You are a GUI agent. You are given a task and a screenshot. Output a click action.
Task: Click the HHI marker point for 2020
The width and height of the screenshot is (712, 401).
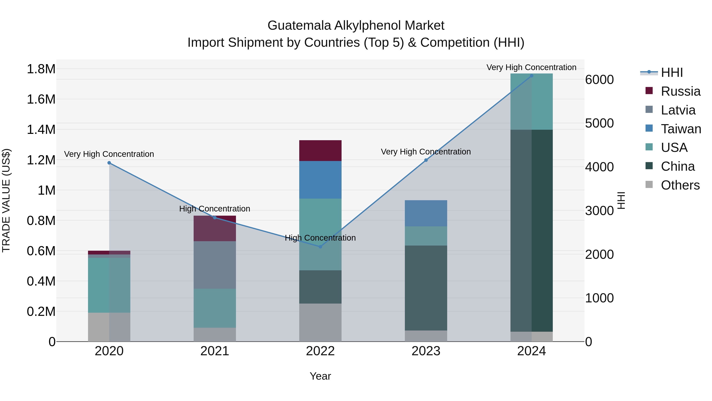[109, 163]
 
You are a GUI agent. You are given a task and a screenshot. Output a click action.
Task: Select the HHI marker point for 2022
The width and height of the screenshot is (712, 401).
[320, 247]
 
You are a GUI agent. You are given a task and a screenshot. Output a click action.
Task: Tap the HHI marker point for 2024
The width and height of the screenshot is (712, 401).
[531, 76]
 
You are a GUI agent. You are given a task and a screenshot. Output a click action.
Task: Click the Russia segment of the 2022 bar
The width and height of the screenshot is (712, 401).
[320, 150]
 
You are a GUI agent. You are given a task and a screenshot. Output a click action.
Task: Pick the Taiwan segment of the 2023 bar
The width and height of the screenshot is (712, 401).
[426, 213]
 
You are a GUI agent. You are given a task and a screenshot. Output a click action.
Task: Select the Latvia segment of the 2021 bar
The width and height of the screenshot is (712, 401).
[215, 265]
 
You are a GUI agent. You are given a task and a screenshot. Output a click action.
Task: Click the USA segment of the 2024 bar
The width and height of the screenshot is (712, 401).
[531, 102]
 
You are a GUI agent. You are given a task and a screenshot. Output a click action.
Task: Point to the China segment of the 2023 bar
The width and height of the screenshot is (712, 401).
[426, 288]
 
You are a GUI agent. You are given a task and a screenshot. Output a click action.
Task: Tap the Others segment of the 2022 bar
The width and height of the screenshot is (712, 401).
[320, 322]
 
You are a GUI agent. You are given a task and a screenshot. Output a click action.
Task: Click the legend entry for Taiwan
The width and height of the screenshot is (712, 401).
[681, 129]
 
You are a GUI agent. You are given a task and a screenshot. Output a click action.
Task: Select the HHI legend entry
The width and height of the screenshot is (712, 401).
[672, 72]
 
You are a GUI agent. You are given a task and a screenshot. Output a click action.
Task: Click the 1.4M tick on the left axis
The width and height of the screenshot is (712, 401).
[41, 130]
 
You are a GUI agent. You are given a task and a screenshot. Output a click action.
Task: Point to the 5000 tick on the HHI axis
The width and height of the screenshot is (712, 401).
[599, 123]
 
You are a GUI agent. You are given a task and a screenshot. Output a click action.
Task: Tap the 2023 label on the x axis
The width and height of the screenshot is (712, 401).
[426, 351]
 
